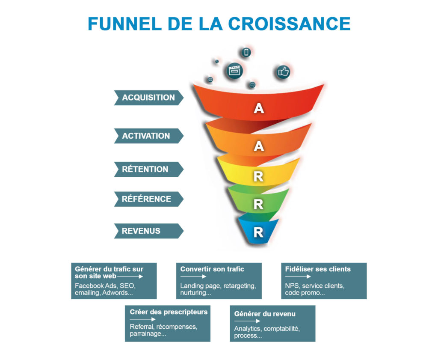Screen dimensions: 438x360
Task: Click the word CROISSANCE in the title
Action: click(x=289, y=24)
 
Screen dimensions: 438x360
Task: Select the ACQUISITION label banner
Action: click(x=149, y=98)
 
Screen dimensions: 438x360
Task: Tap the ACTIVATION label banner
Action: click(x=149, y=136)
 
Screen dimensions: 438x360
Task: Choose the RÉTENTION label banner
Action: click(x=149, y=170)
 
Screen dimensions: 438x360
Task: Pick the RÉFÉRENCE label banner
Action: click(x=149, y=199)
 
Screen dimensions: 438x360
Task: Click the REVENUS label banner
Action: click(x=149, y=231)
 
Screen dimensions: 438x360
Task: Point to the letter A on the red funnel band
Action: click(x=259, y=108)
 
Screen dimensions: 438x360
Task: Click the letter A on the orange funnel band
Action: click(x=259, y=146)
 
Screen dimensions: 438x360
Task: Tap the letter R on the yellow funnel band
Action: click(x=258, y=177)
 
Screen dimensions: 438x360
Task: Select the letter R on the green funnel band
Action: click(x=258, y=205)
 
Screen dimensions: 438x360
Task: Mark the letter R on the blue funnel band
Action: click(x=258, y=232)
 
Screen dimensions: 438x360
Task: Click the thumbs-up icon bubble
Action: click(x=283, y=72)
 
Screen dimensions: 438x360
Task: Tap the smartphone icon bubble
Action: click(x=246, y=52)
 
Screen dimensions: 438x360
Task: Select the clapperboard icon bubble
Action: click(x=234, y=71)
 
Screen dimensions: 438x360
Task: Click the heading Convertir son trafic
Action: click(x=212, y=269)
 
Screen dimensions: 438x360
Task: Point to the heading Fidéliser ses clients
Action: click(x=318, y=269)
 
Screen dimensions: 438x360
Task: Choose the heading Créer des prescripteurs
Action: click(x=169, y=312)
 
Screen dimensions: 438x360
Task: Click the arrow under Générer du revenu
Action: click(x=247, y=321)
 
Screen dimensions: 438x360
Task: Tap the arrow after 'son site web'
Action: click(x=130, y=277)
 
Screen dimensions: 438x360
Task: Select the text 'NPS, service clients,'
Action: click(x=315, y=286)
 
